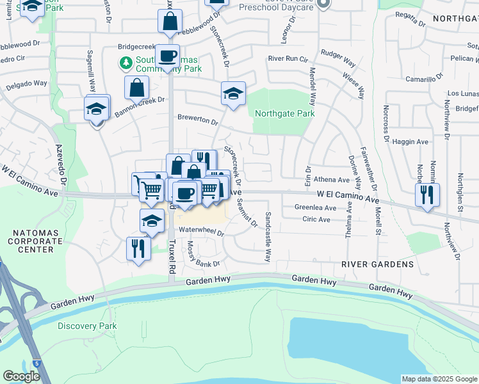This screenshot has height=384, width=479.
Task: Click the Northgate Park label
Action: coord(284,113)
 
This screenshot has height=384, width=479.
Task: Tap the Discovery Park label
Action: coord(87,326)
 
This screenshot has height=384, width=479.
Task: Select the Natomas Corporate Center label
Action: coord(31,241)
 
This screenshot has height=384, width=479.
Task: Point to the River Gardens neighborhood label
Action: coord(377,264)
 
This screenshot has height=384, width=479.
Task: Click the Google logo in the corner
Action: coord(21,376)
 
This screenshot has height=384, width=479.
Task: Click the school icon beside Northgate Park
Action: coord(233,93)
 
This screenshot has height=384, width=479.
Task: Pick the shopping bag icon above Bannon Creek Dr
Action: coord(137,88)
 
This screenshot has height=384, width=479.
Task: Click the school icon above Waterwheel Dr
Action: coord(152,221)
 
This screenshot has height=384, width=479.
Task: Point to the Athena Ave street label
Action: coord(331,180)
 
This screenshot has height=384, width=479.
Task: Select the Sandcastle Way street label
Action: coord(268,237)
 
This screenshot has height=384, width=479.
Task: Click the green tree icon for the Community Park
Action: coord(126,62)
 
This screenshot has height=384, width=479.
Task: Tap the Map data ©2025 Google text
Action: coord(439,379)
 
